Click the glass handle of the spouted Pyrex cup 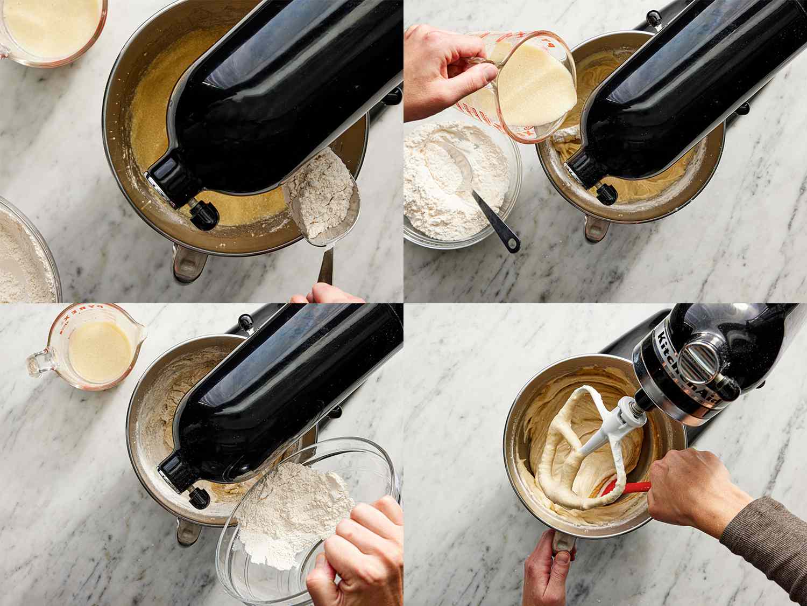pyautogui.click(x=40, y=361)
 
